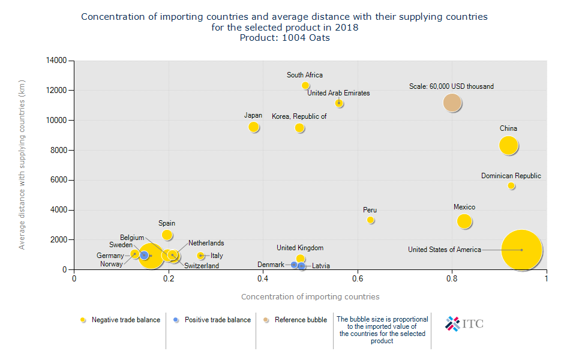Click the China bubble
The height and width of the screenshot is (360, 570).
508,145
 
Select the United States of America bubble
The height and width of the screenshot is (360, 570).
521,250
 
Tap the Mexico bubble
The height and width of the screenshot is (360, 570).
464,221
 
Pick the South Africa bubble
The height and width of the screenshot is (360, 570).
305,86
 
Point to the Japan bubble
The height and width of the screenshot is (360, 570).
254,127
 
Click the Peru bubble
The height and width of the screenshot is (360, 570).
371,220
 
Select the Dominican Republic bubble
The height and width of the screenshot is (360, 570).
511,186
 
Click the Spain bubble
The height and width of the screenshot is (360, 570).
167,235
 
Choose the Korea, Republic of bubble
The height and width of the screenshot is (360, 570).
299,128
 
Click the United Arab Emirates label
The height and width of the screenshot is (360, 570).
338,93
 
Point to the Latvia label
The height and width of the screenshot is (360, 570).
321,266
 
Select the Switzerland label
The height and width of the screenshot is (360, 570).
202,266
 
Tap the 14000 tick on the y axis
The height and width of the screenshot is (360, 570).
58,61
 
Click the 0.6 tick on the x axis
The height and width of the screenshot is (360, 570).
358,278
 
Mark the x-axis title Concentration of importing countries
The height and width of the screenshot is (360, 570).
310,296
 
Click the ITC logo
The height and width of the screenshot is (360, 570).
464,324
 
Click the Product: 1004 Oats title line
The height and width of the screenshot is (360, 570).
285,38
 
